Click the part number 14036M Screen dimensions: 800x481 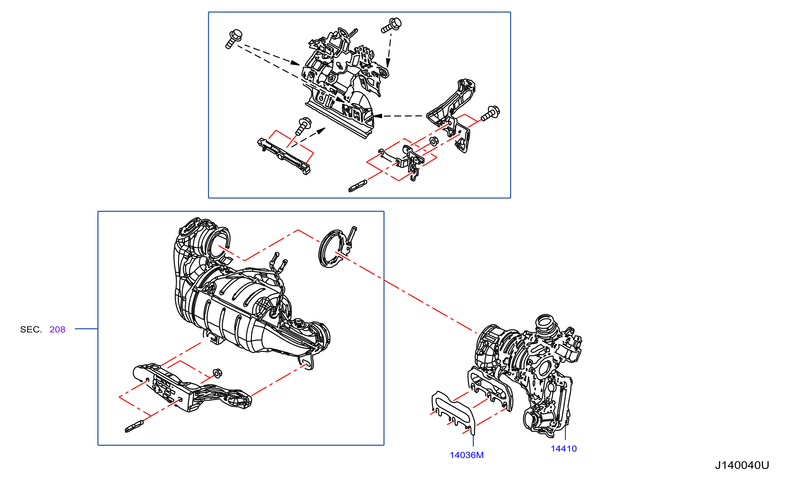(x=466, y=455)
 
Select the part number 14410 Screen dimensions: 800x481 (x=564, y=449)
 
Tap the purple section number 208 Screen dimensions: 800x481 (x=57, y=329)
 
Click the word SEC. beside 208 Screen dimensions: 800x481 (x=31, y=329)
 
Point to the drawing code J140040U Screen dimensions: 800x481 (x=742, y=465)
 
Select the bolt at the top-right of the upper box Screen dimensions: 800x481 (x=391, y=25)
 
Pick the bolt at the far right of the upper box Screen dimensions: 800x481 (x=490, y=113)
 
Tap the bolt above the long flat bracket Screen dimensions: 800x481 (x=304, y=126)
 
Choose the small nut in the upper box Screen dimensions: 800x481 (x=434, y=141)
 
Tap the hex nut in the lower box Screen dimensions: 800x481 (x=218, y=373)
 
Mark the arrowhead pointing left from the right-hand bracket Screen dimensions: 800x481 (x=378, y=116)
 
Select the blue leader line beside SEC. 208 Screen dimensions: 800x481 (x=86, y=329)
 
